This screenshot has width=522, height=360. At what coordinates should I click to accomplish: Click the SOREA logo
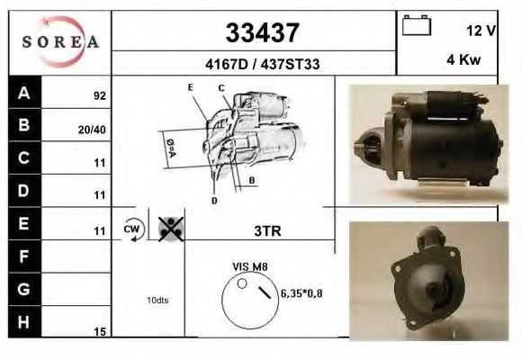click(59, 41)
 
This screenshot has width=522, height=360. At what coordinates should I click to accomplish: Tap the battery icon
click(416, 25)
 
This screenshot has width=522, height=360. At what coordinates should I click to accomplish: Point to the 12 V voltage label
click(481, 30)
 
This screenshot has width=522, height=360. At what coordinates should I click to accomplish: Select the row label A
click(24, 93)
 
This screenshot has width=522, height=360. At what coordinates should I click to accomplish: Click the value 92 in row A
click(99, 95)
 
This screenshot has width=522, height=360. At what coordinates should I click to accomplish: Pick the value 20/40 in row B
click(94, 129)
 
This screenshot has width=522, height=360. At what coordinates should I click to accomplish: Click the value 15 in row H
click(100, 332)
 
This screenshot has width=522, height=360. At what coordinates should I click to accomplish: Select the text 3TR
click(267, 230)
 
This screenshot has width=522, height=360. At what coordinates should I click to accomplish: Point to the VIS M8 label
click(250, 266)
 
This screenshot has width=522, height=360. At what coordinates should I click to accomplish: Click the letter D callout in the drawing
click(214, 200)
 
